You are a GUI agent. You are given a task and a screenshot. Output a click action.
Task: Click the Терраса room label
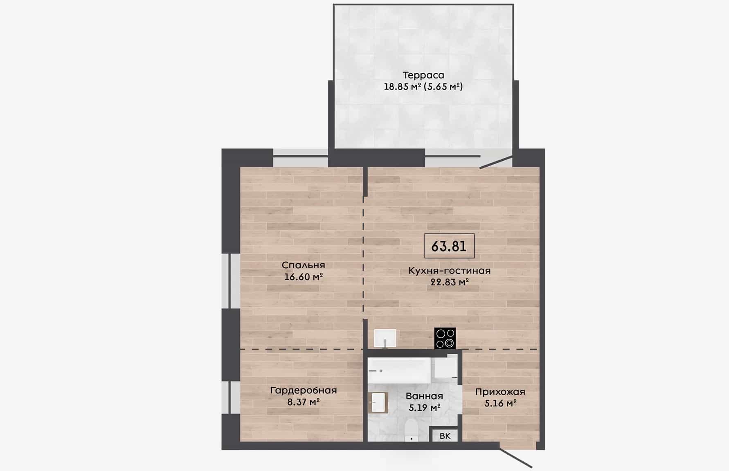423,75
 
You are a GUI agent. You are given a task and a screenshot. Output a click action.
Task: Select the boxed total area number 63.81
449,246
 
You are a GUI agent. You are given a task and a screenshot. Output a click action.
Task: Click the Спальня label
304,265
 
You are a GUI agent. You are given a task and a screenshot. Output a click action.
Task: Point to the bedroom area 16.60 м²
304,277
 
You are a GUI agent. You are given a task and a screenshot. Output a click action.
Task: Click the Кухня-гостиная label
449,271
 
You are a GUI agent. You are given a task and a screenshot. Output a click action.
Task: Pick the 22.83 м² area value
449,282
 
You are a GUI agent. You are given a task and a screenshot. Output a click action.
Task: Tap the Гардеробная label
304,391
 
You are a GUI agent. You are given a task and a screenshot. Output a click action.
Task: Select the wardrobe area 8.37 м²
304,402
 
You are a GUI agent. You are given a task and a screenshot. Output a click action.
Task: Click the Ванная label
424,396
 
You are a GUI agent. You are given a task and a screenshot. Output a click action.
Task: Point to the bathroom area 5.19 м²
424,407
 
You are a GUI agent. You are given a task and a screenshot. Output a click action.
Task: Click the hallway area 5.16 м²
500,404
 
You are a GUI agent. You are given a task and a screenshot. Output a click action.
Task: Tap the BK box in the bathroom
445,436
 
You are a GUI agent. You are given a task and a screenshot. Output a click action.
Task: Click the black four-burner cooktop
445,339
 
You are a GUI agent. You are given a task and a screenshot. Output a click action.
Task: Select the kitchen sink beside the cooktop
385,339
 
